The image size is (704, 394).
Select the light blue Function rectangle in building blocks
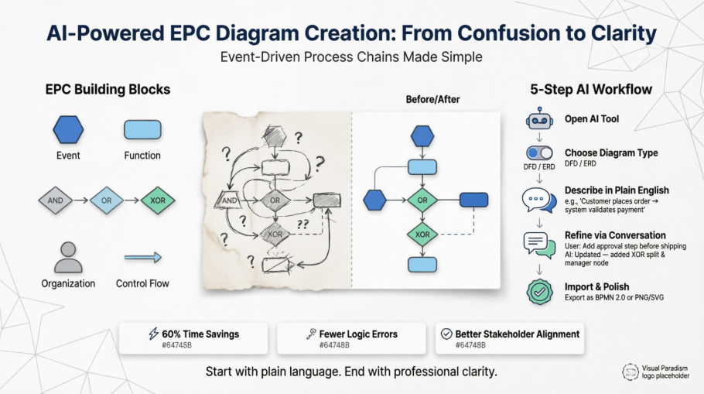coord(142,129)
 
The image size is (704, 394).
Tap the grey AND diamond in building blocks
coord(56,200)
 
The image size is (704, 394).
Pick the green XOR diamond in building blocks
coord(157,200)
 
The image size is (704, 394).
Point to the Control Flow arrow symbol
coord(142,258)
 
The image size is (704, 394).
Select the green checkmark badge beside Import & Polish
coord(539,292)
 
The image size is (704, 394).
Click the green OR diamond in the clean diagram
coord(422,200)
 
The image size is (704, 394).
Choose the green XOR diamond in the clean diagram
coord(422,234)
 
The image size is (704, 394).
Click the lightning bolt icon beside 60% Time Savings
coord(152,334)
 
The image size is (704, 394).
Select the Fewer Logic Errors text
coord(357,334)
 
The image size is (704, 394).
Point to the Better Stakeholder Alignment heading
coord(517,334)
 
